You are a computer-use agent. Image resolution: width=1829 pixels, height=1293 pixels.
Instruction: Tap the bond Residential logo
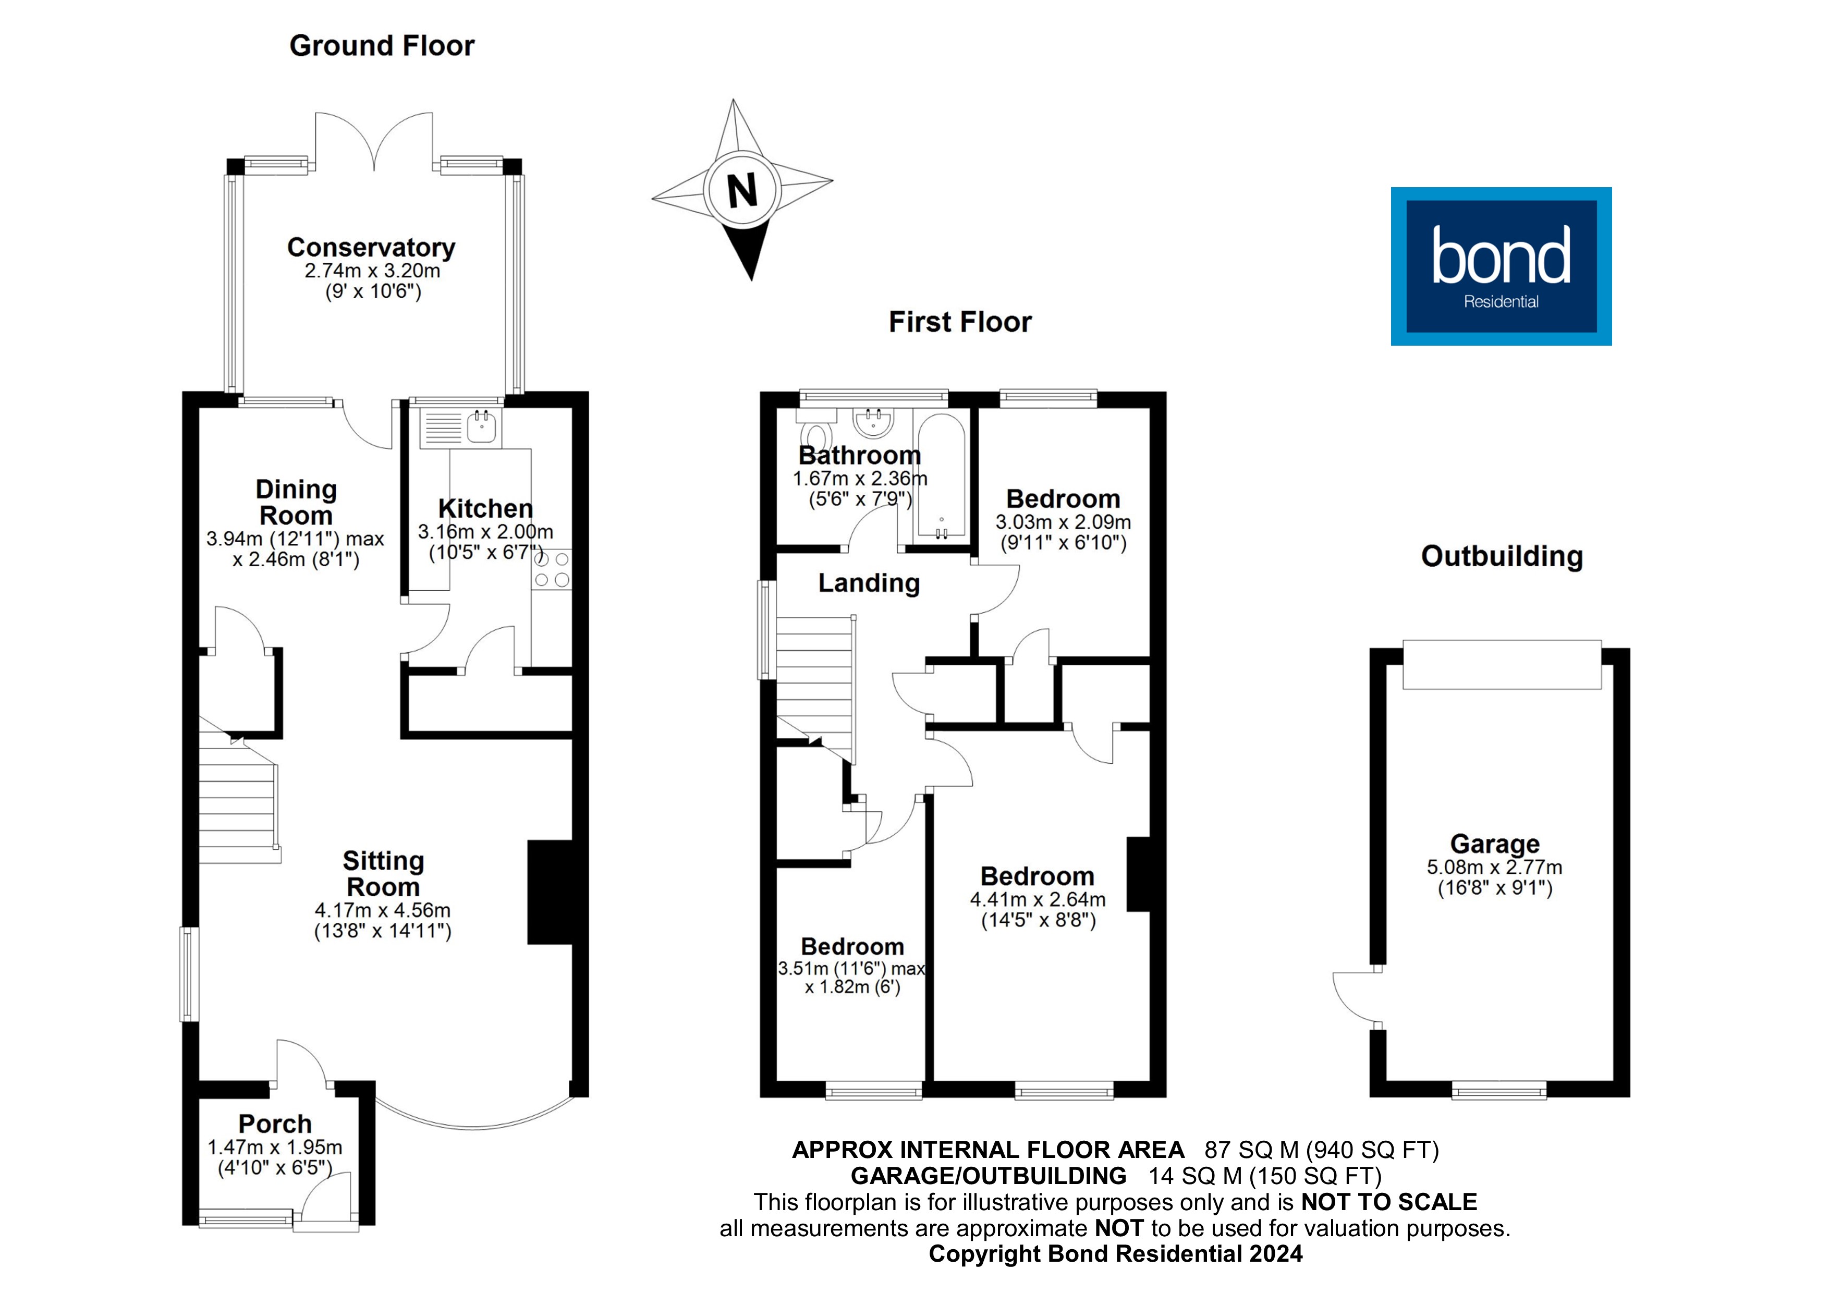point(1501,266)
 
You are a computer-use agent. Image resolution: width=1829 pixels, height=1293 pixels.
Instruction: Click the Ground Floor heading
point(382,46)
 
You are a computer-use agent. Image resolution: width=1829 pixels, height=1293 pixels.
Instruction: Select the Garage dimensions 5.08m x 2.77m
point(1494,868)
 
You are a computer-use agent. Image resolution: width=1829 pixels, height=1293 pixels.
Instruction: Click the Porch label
point(275,1124)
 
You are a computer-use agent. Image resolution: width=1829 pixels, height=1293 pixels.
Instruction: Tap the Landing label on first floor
point(868,583)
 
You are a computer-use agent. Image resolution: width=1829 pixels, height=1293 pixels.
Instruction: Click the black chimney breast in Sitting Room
point(550,892)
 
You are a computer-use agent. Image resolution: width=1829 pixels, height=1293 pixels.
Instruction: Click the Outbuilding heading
point(1502,556)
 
